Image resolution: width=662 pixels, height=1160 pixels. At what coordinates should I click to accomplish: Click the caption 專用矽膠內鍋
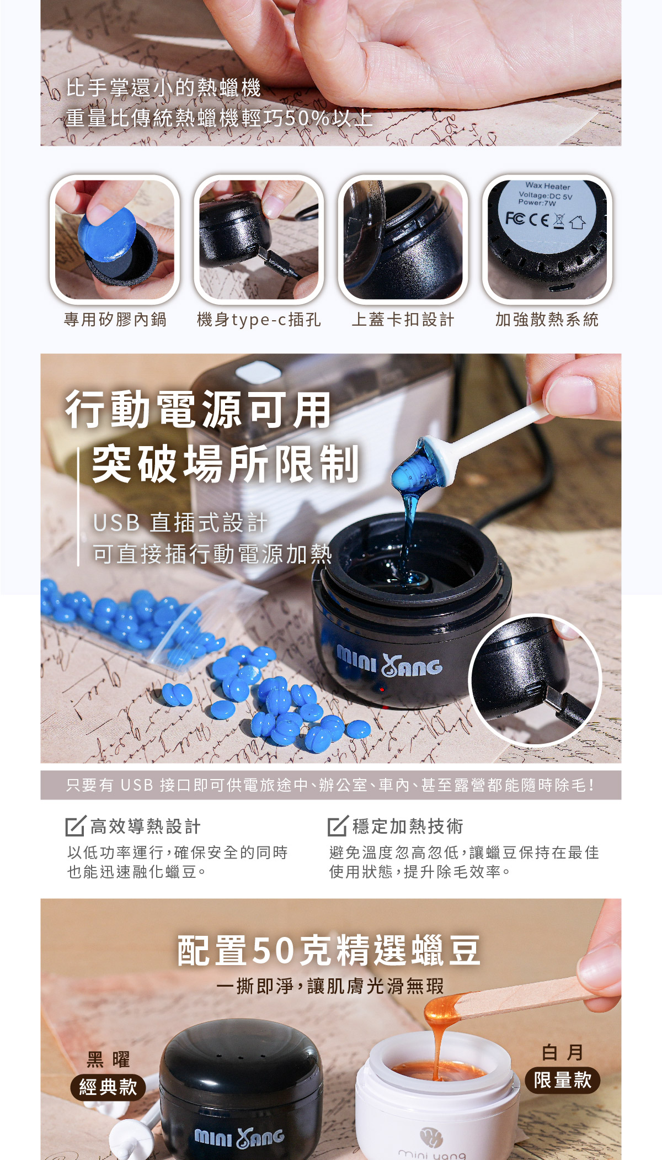[115, 320]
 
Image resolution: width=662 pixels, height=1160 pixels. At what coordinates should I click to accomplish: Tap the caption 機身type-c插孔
[259, 320]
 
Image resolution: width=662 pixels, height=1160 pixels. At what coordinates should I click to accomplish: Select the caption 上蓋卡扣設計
[403, 320]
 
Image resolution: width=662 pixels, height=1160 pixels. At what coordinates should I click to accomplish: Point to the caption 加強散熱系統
[547, 320]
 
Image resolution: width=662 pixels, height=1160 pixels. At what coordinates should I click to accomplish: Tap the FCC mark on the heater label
[515, 219]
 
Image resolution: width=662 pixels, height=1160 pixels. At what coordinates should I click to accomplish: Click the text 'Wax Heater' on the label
[548, 186]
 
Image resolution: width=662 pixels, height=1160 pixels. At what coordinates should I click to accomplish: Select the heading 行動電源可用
[198, 410]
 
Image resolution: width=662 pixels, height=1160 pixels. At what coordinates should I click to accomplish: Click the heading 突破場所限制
[226, 464]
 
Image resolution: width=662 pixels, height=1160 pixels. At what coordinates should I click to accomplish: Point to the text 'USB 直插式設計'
[180, 522]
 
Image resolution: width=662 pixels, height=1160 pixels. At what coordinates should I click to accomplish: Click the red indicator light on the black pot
[381, 690]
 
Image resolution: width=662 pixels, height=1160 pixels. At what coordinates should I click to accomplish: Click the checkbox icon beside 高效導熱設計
[76, 825]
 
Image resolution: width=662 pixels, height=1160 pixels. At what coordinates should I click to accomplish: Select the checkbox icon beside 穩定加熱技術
[338, 825]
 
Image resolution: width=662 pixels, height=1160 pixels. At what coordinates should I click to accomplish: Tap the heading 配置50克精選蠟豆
[329, 951]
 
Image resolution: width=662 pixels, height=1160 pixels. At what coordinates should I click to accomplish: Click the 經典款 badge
[108, 1087]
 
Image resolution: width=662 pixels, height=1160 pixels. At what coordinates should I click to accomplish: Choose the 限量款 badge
[563, 1080]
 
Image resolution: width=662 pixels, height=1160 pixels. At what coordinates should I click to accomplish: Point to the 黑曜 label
[108, 1060]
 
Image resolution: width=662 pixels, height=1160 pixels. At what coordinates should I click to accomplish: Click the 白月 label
[563, 1052]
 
